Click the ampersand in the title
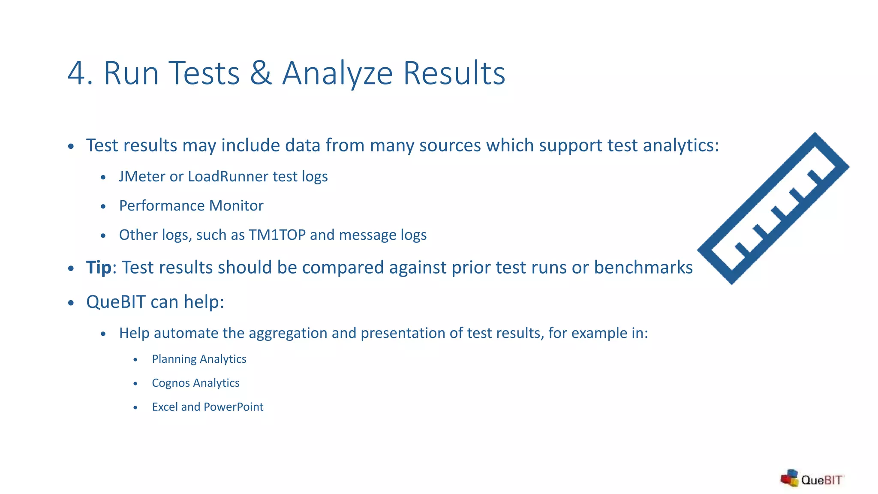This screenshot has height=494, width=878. pos(261,73)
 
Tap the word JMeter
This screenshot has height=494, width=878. pos(142,177)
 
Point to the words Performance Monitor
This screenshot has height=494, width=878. pos(191,206)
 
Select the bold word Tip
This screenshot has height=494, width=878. pos(99,268)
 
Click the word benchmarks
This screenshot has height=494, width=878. pos(643,268)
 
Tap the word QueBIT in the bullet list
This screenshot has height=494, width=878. pos(116,302)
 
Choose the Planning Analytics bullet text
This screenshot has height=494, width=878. pos(199,359)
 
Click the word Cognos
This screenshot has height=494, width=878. pos(171,383)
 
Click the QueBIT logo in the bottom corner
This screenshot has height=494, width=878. pos(812,479)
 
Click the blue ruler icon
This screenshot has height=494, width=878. pos(773,208)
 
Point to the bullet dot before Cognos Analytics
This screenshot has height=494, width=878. pos(135,383)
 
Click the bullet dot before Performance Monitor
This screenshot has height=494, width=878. pos(103,207)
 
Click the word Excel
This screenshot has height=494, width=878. pos(165,407)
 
